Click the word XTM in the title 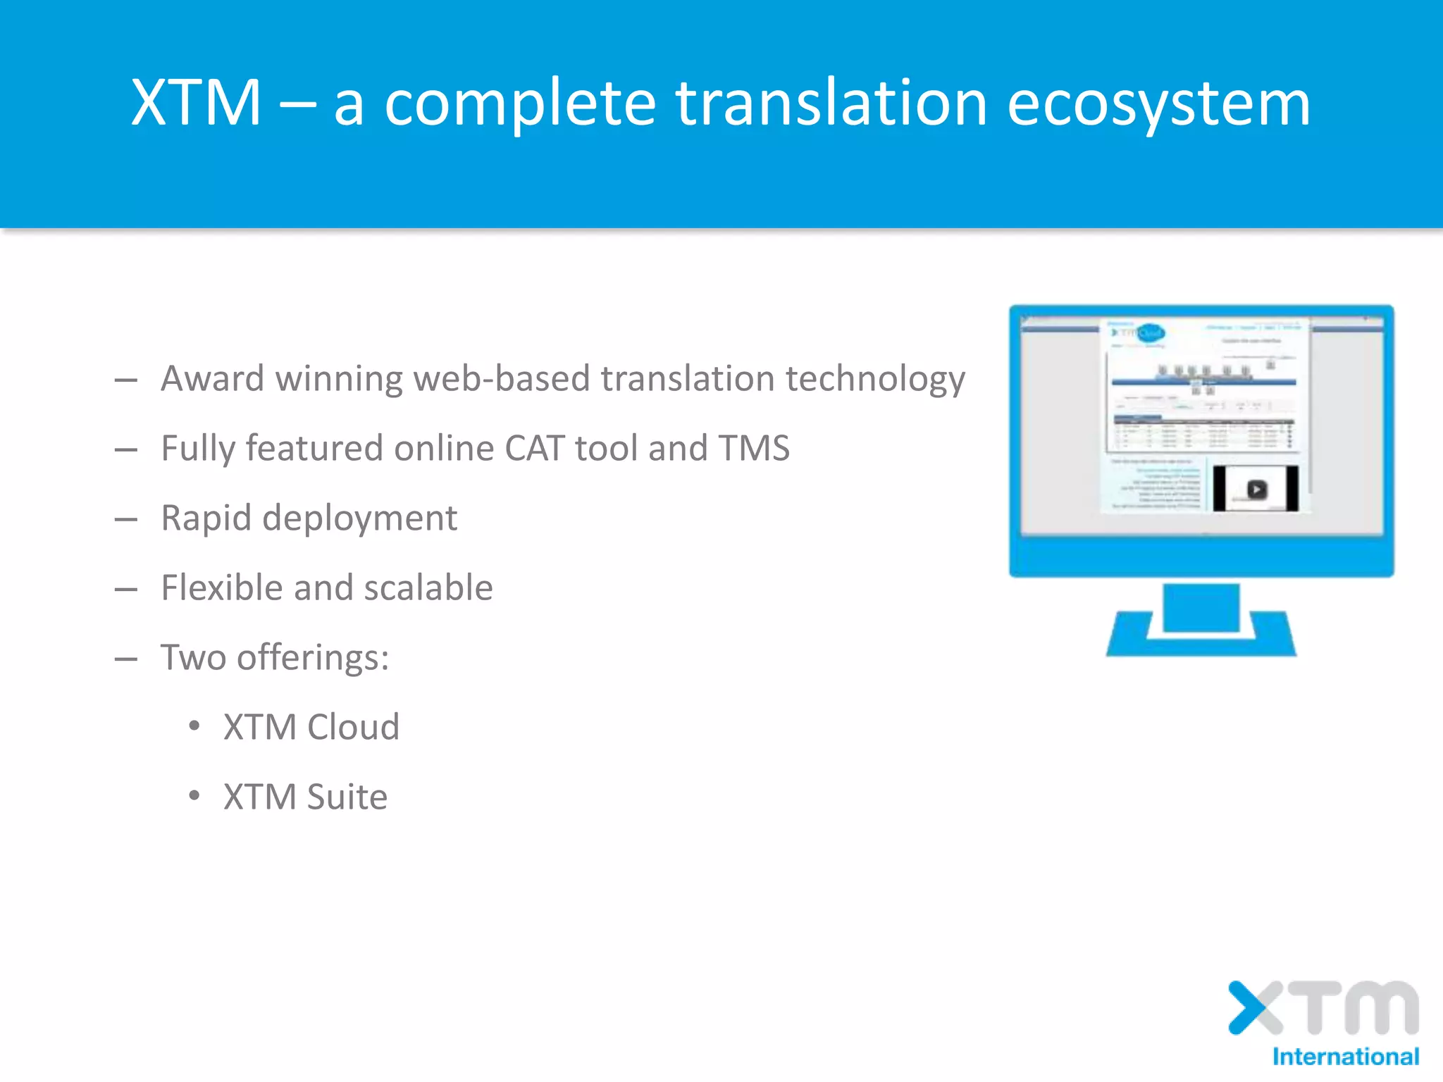[x=196, y=104]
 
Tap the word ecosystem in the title [x=1158, y=104]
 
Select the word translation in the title [x=831, y=104]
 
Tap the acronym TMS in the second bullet [x=753, y=449]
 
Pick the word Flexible [x=221, y=588]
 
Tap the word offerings [x=312, y=658]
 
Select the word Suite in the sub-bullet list [x=347, y=797]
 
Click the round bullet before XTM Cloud [x=194, y=726]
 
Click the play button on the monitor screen [x=1256, y=489]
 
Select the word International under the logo [x=1345, y=1057]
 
